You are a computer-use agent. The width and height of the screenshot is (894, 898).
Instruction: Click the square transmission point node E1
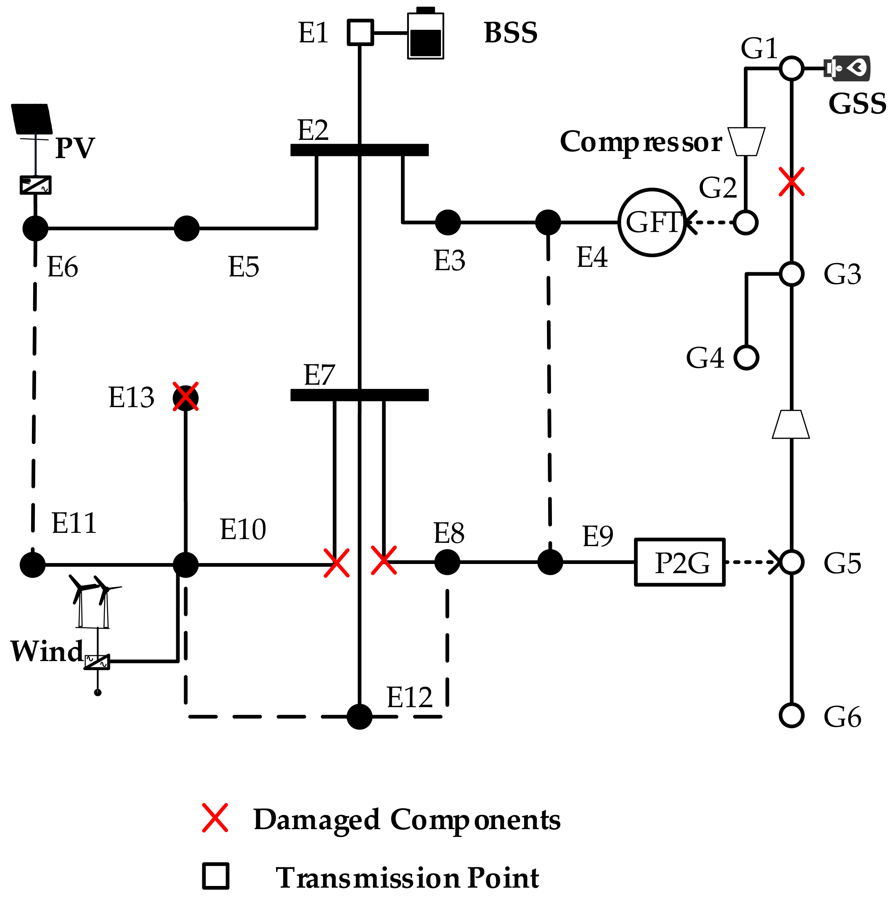360,32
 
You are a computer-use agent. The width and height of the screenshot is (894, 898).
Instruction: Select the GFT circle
652,222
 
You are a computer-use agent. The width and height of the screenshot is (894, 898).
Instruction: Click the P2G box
680,562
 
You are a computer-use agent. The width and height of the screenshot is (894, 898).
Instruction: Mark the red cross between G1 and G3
791,182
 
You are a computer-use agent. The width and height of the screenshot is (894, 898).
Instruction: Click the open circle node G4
746,358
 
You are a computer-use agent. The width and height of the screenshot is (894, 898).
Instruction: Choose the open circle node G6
791,715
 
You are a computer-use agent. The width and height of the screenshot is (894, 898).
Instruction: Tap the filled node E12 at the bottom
360,717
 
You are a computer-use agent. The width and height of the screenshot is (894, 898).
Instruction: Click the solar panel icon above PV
32,119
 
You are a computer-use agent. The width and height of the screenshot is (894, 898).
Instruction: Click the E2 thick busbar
360,150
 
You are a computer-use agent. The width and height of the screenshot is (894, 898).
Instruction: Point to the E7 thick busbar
360,395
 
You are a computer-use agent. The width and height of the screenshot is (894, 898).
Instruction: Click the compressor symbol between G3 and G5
791,425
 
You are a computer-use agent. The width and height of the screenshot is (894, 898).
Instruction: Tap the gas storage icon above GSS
847,68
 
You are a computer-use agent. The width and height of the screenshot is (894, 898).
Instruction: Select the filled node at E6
35,229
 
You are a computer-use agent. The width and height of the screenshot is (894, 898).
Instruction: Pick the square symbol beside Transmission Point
216,876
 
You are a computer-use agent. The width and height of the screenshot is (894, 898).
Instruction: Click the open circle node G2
746,223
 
